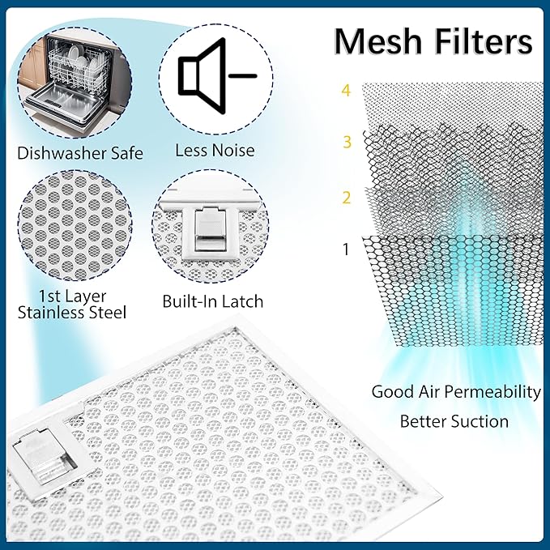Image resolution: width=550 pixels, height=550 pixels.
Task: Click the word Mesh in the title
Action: click(x=377, y=41)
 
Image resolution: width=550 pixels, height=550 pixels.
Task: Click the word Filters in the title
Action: click(x=484, y=41)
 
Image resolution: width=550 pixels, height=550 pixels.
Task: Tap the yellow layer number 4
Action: click(x=346, y=91)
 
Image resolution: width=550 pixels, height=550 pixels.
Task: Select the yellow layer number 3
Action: click(x=347, y=142)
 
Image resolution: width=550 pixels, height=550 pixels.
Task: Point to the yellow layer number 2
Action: click(x=347, y=198)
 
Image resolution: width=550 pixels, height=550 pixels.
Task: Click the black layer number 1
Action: click(x=346, y=249)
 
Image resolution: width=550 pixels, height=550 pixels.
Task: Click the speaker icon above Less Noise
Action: click(x=202, y=75)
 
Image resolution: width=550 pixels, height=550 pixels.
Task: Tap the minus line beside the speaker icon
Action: click(x=243, y=76)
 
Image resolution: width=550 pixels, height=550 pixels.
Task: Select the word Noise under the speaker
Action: click(x=233, y=151)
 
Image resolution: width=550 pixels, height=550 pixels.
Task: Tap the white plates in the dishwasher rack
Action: click(x=83, y=60)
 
